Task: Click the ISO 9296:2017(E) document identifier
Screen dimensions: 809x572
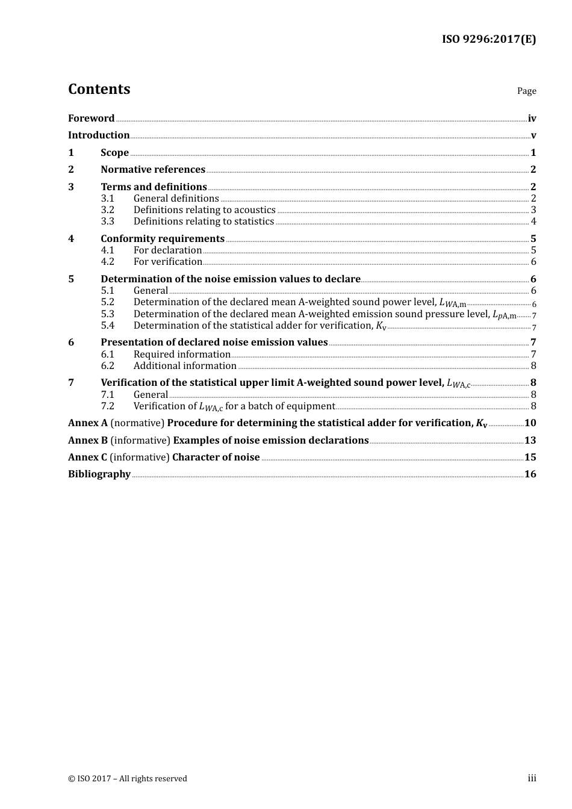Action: [x=488, y=40]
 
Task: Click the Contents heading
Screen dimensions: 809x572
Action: [x=99, y=89]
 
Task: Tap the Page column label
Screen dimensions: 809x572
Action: [x=526, y=91]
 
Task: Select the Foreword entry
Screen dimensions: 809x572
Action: [x=91, y=119]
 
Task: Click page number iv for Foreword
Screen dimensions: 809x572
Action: [x=532, y=119]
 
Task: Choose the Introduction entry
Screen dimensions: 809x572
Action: [x=99, y=135]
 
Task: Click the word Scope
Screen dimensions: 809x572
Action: [x=114, y=153]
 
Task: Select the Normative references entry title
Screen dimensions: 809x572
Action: [x=153, y=170]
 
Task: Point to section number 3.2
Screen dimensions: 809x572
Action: [x=108, y=210]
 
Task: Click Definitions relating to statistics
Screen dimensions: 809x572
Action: [x=204, y=222]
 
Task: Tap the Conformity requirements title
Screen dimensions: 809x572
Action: [x=163, y=239]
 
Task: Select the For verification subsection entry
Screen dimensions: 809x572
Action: [x=167, y=262]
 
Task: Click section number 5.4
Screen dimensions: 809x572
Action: [x=108, y=326]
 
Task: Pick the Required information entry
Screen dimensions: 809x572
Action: [x=182, y=355]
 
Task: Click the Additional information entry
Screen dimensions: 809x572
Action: [x=185, y=366]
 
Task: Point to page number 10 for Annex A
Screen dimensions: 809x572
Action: [x=530, y=423]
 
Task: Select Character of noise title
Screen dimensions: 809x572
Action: [x=216, y=457]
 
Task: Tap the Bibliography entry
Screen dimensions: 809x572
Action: [x=99, y=474]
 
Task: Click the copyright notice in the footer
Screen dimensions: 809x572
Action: [x=128, y=779]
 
